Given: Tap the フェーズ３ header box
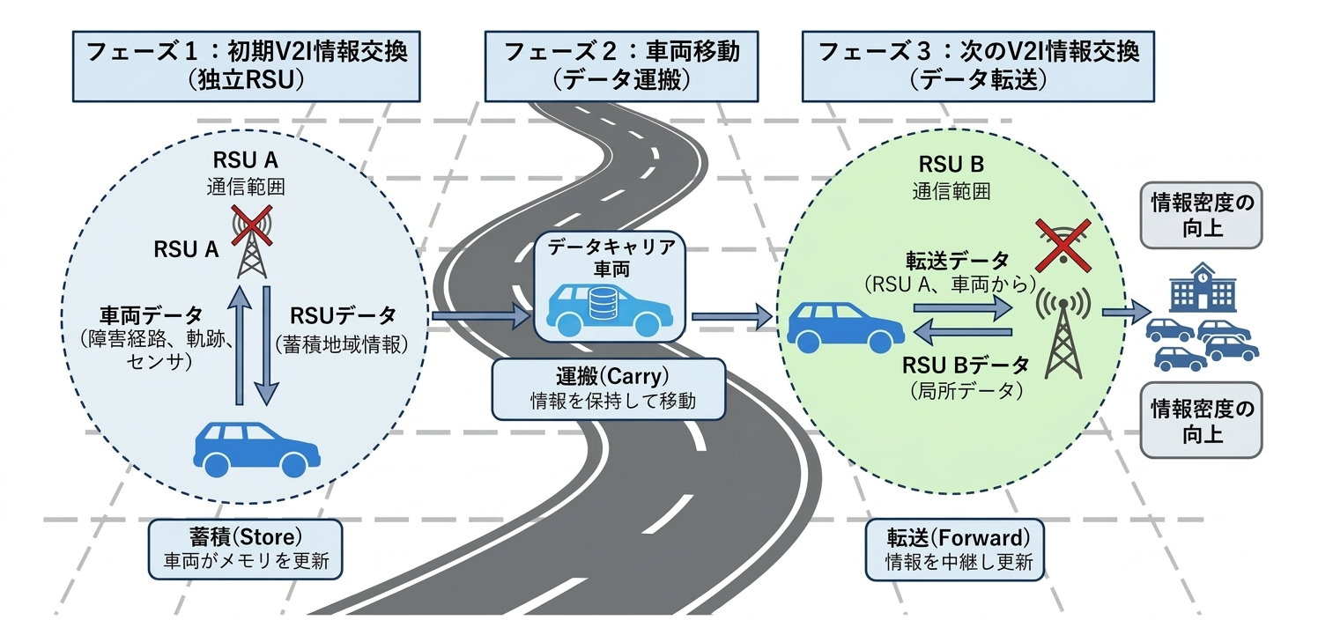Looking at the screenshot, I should point(979,66).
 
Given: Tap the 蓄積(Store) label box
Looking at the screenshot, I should point(246,547).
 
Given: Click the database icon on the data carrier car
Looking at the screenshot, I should point(602,305).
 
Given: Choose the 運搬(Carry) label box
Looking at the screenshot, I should point(609,388).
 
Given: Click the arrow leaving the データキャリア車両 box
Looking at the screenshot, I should point(730,314).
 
